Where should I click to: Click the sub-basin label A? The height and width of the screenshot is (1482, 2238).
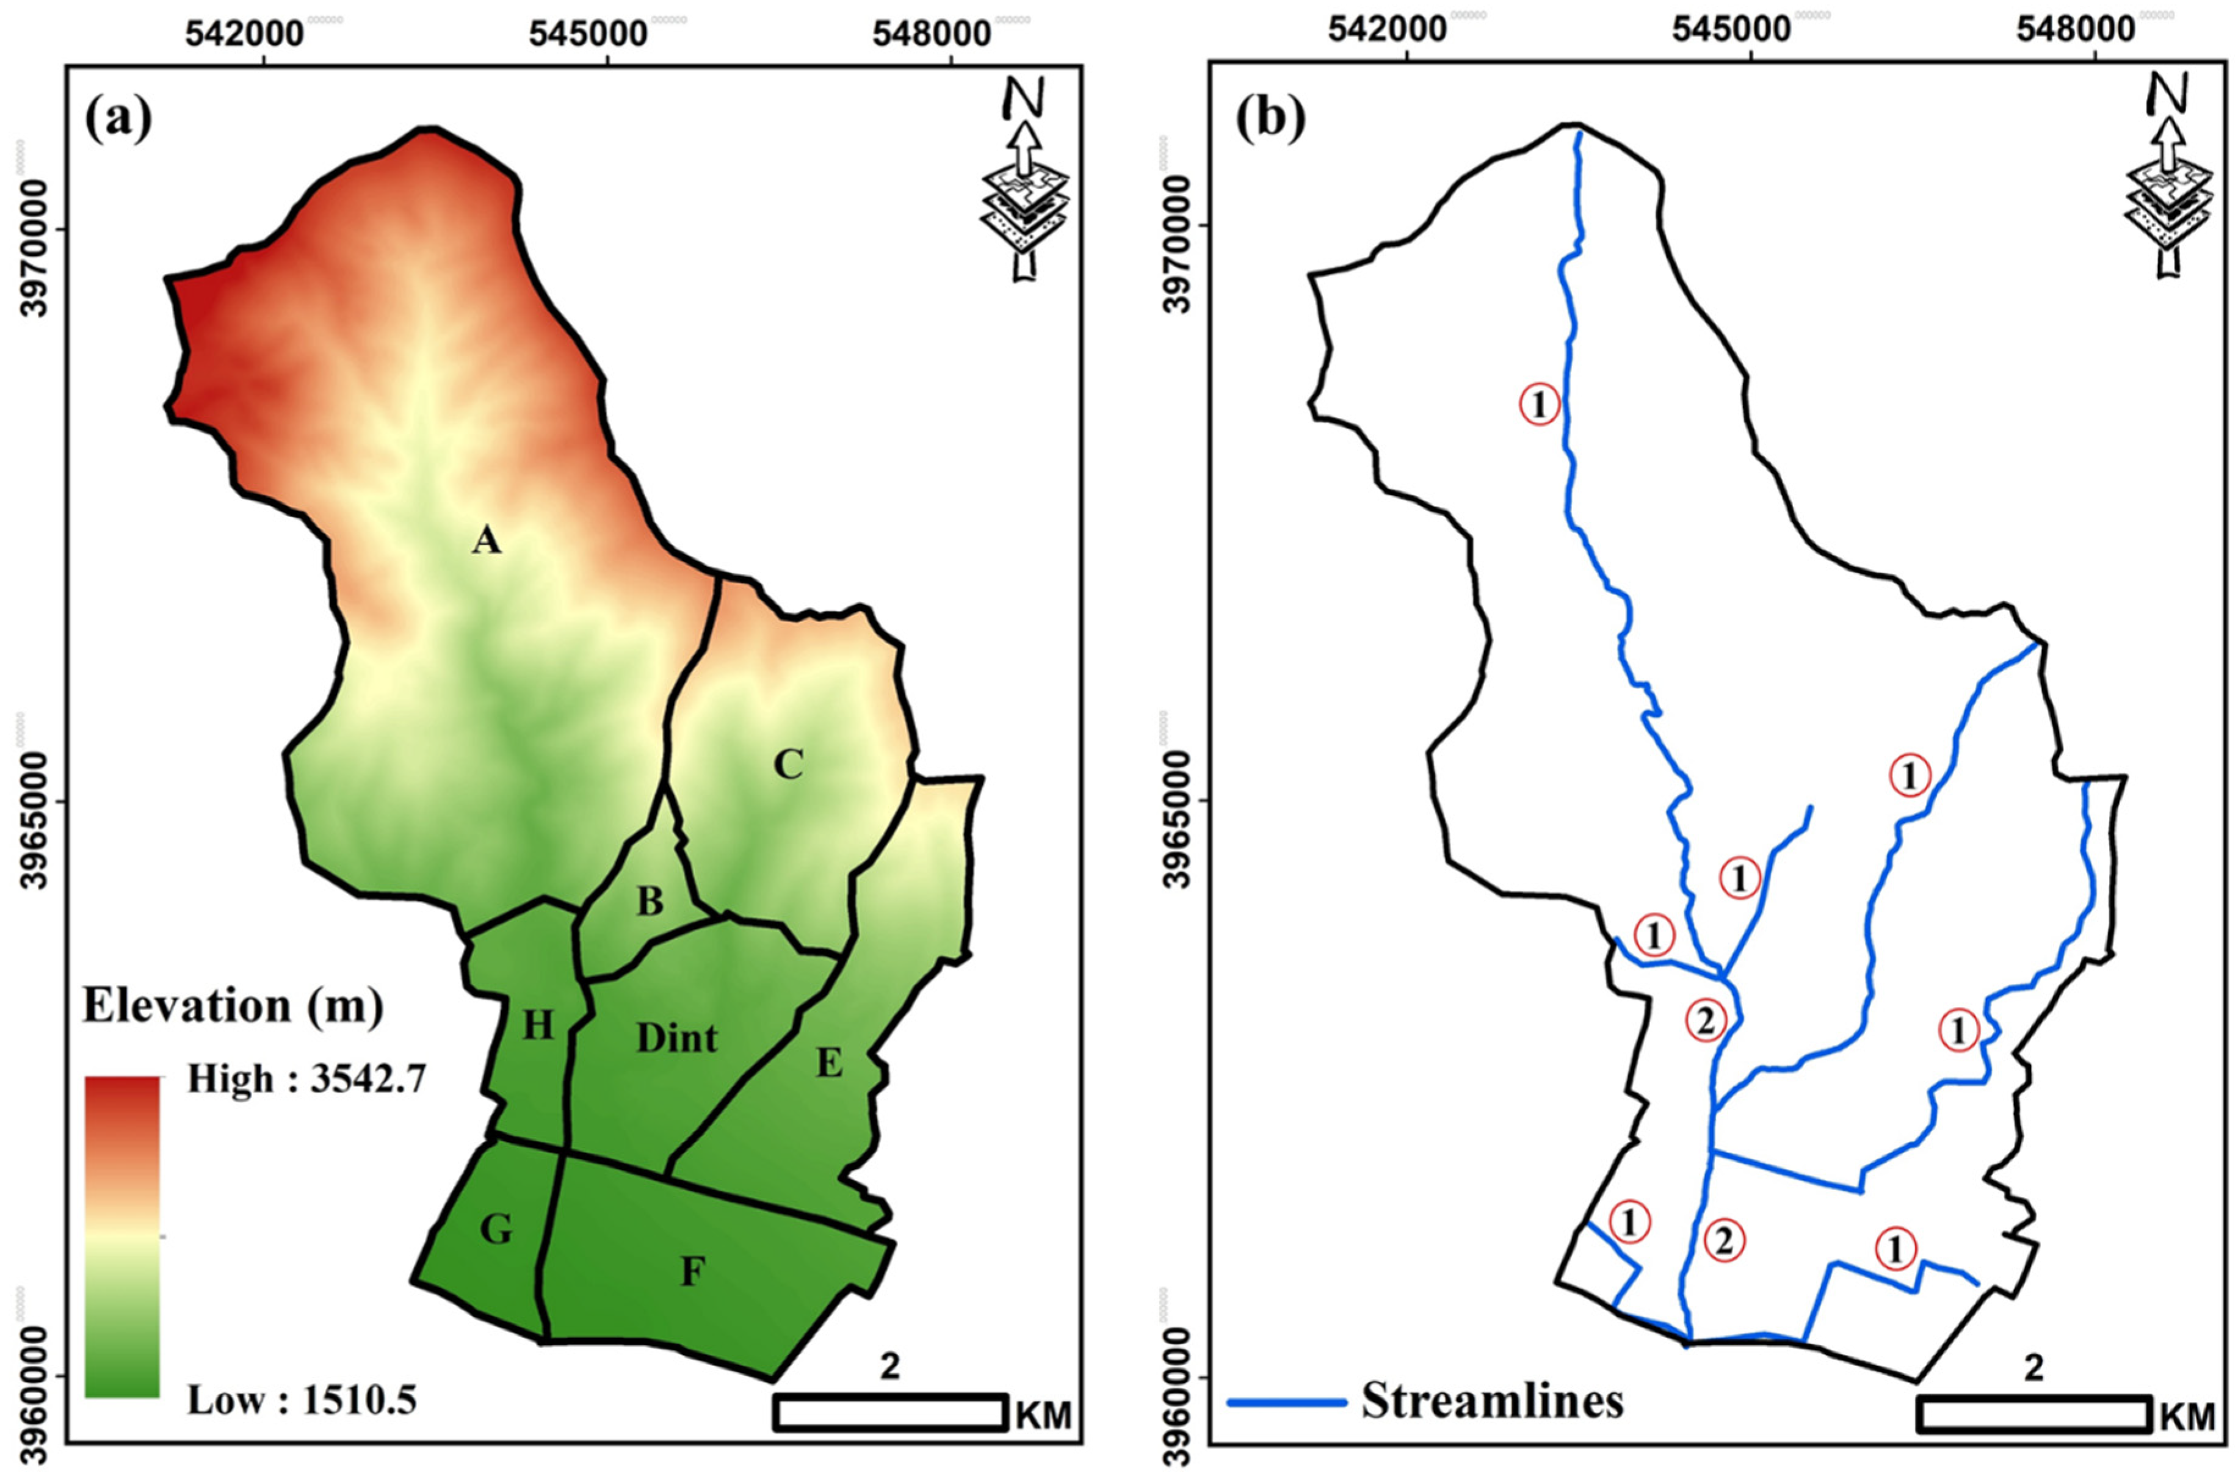pos(486,541)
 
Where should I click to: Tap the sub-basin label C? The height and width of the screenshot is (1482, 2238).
pos(788,764)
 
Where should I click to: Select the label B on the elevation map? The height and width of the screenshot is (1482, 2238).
pos(650,902)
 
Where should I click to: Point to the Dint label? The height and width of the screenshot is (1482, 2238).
pos(676,1039)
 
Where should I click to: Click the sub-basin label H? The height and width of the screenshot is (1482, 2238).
pos(538,1025)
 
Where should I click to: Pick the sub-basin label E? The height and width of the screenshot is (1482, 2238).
pos(829,1065)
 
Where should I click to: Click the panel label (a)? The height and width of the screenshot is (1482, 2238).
pos(118,120)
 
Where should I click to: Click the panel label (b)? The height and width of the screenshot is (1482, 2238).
pos(1271,120)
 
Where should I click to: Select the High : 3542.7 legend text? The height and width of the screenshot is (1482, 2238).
pos(306,1079)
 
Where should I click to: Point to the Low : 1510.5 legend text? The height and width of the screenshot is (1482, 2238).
pos(302,1400)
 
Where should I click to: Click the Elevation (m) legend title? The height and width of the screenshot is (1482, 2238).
pos(233,1006)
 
